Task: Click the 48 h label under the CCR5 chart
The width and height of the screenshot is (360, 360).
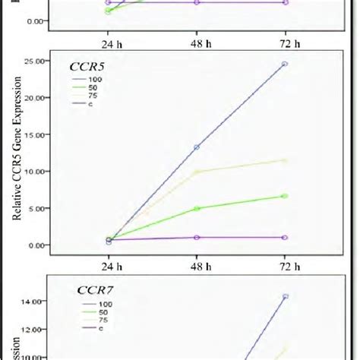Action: click(197, 266)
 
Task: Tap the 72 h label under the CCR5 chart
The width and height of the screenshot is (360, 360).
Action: click(285, 266)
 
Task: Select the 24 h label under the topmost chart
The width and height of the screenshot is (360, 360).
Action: click(109, 43)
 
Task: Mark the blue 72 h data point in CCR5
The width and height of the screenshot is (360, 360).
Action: click(285, 64)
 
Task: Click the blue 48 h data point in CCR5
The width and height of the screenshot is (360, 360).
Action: click(197, 147)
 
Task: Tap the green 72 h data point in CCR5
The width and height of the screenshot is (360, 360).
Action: click(285, 196)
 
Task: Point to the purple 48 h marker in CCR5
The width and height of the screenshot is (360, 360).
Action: click(197, 238)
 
